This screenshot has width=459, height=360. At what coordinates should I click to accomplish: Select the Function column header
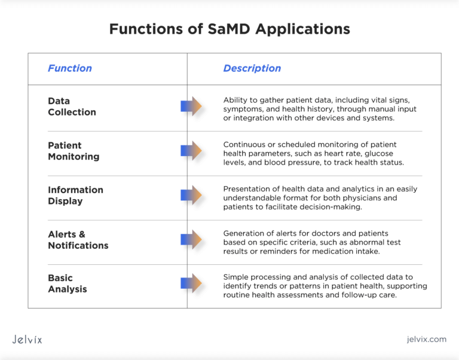click(x=70, y=68)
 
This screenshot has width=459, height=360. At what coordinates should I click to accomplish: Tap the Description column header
click(x=252, y=68)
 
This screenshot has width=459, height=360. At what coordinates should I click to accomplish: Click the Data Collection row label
click(x=72, y=106)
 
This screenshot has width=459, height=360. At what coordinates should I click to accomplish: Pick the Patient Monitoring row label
click(x=74, y=151)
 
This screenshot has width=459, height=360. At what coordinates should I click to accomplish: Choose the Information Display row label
click(x=75, y=195)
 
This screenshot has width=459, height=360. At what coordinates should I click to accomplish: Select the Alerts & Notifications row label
click(x=78, y=240)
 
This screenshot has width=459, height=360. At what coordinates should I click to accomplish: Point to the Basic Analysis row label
click(x=67, y=283)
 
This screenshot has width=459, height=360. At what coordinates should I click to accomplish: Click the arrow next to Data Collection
click(x=191, y=106)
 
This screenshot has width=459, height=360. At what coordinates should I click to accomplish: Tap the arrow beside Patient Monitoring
click(x=191, y=151)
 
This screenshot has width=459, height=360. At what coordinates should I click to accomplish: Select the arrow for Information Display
click(x=191, y=195)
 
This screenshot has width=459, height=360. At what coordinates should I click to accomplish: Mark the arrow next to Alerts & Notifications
click(x=191, y=240)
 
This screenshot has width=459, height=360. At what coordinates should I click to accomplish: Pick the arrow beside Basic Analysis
click(x=191, y=283)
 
